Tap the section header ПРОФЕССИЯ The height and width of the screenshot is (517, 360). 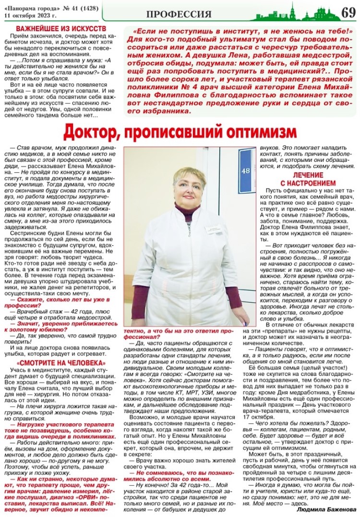click(179, 14)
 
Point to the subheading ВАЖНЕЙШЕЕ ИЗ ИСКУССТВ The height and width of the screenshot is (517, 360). click(61, 29)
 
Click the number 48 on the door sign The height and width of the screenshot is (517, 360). click(246, 170)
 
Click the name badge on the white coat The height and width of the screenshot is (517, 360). click(213, 230)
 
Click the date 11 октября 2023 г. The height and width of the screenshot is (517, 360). click(30, 14)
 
